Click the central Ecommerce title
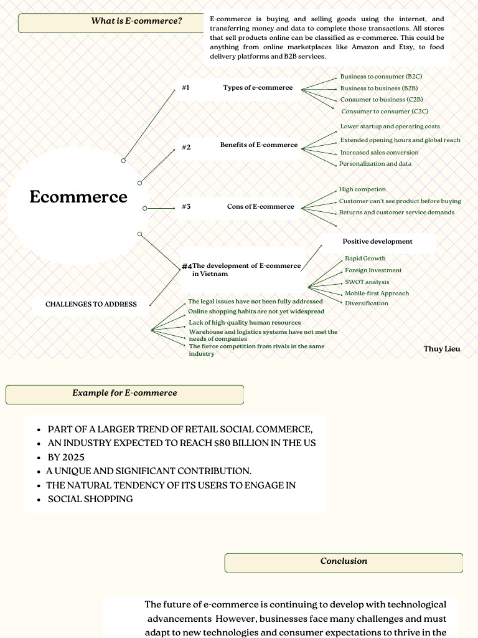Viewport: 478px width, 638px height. (78, 197)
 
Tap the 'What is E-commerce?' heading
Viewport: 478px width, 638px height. (136, 21)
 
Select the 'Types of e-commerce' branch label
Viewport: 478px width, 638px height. (258, 88)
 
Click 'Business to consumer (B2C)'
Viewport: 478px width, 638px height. (381, 77)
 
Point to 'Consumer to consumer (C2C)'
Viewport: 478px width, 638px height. (385, 112)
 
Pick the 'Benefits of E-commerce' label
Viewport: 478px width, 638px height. (259, 145)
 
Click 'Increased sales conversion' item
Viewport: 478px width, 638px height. (379, 153)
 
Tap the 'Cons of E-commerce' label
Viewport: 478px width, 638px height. (260, 207)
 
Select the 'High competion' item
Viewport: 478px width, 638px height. (362, 189)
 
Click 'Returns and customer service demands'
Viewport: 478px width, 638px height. (396, 212)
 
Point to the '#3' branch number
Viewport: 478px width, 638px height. (186, 206)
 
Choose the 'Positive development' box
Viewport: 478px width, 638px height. (377, 242)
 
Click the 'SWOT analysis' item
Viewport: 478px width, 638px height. (367, 282)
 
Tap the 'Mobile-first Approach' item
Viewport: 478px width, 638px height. (377, 293)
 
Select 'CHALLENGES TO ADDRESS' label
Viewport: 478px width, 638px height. (91, 305)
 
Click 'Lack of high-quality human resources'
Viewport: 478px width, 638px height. (245, 323)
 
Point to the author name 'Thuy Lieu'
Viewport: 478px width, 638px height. (442, 349)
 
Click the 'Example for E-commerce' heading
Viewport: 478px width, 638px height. (124, 393)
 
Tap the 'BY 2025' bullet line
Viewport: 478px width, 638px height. (66, 457)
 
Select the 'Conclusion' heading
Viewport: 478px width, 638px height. (344, 561)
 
